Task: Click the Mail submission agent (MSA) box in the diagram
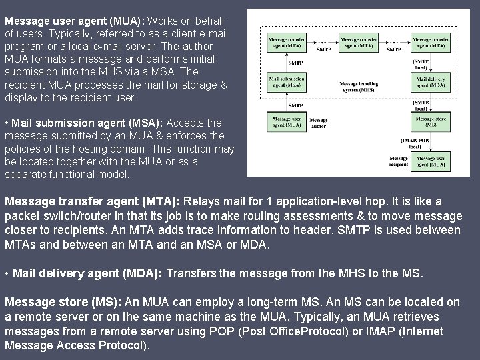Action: (285, 82)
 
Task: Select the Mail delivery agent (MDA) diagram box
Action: (430, 82)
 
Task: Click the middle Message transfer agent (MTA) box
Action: (358, 43)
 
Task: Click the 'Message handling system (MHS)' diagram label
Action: (359, 87)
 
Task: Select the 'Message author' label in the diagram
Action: (319, 123)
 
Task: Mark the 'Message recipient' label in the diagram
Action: (399, 161)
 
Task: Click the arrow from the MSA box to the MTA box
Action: (285, 63)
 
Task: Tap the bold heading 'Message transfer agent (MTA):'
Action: (93, 201)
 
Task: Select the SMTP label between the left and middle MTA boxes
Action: (323, 49)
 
